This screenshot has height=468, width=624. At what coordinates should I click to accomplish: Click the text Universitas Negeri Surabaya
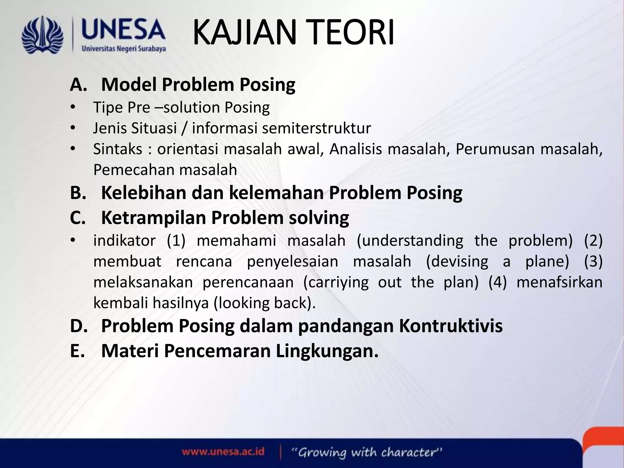[124, 49]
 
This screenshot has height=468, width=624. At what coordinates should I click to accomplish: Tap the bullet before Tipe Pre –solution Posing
[72, 108]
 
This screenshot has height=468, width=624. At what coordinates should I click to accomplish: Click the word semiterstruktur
[316, 128]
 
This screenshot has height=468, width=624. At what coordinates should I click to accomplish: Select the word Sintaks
[118, 149]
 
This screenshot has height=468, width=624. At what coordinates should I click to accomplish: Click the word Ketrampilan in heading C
[154, 218]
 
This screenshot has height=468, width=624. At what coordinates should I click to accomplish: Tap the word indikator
[124, 241]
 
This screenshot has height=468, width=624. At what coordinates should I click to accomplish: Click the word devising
[457, 262]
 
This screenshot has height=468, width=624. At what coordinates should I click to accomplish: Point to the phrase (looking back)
[264, 303]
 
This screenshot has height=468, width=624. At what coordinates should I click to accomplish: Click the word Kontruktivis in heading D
[451, 326]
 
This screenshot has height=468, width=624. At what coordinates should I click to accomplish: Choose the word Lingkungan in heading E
[327, 351]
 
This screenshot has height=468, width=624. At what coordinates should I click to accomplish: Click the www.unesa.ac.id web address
[223, 451]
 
